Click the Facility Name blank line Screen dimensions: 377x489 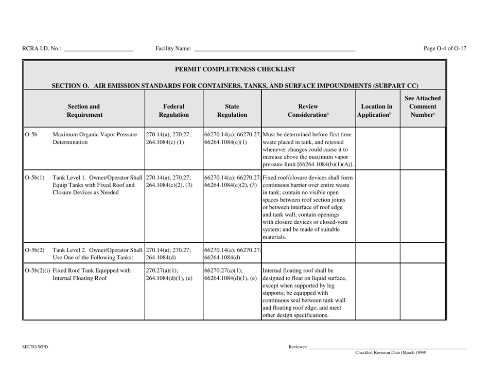(274, 50)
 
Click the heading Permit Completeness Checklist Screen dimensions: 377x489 (235, 68)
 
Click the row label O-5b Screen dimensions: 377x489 (31, 135)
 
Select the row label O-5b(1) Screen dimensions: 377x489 (34, 178)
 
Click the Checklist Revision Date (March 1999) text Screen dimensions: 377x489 (391, 353)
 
